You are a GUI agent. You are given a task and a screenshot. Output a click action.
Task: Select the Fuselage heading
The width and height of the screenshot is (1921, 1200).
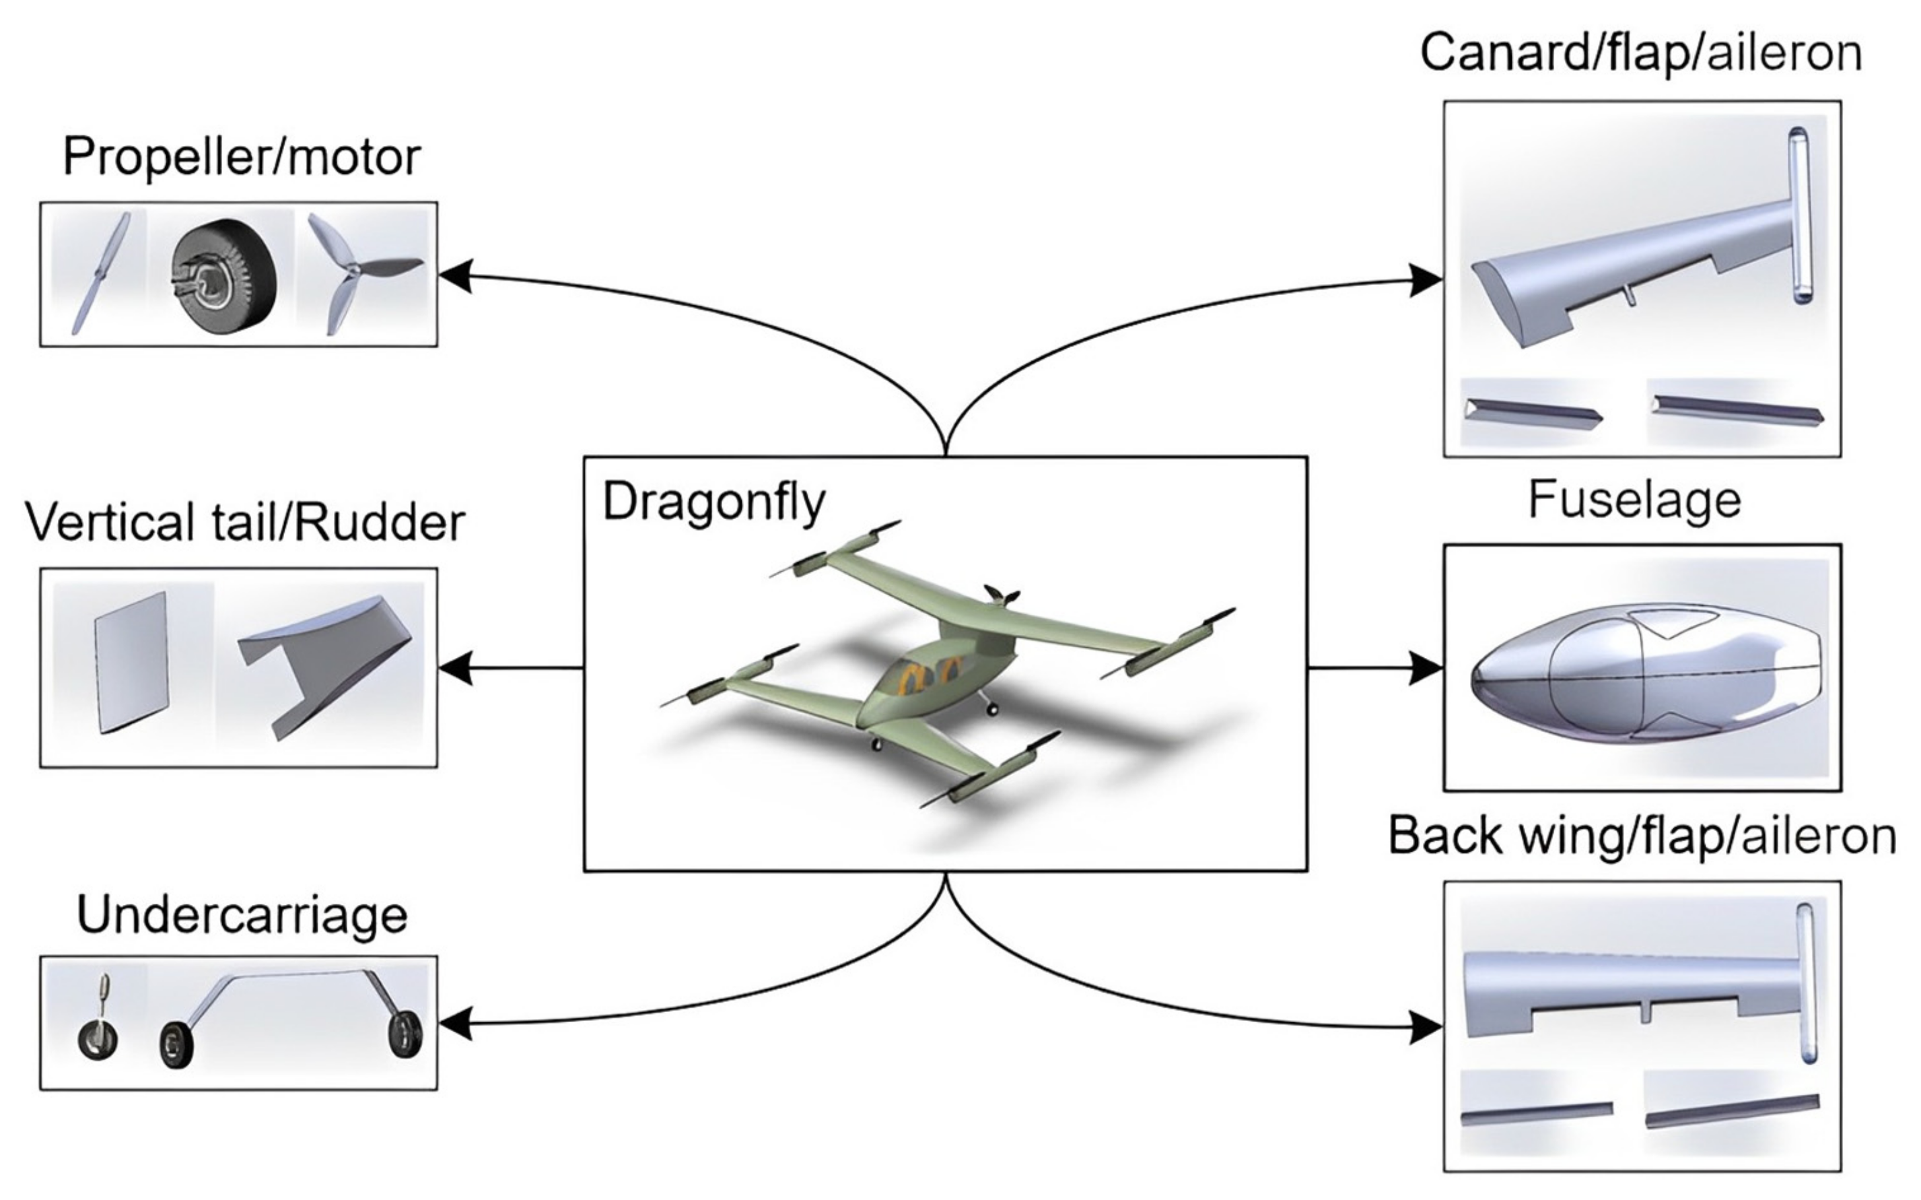[x=1634, y=500]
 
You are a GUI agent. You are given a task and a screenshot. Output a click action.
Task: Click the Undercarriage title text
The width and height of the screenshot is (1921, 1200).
[x=242, y=915]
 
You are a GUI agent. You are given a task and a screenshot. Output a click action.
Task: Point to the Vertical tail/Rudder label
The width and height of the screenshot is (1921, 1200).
[x=244, y=523]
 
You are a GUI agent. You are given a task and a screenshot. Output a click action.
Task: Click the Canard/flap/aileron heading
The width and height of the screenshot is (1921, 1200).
[x=1640, y=54]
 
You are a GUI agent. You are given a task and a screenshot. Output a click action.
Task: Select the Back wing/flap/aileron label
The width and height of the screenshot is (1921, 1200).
[x=1642, y=836]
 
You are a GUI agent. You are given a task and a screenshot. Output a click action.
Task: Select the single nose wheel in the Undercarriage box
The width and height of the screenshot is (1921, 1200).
[x=98, y=1032]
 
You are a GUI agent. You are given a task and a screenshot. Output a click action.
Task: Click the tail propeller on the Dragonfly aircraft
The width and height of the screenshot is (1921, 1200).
[x=1001, y=595]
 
